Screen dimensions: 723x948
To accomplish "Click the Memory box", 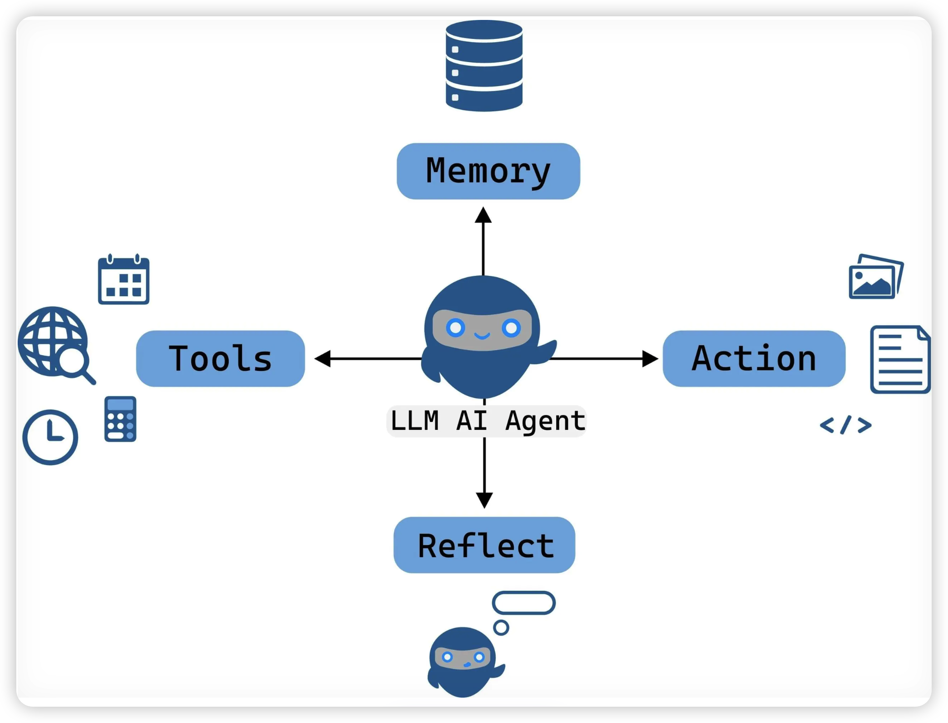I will click(488, 171).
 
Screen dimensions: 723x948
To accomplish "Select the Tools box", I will click(220, 358).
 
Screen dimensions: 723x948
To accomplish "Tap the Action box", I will click(754, 358).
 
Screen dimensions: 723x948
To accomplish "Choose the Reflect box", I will click(484, 545).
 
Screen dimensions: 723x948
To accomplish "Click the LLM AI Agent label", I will click(487, 421).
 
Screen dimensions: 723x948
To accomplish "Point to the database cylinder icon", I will click(484, 66).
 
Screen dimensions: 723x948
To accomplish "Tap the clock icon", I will click(50, 437).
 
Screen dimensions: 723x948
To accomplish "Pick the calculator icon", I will click(120, 419).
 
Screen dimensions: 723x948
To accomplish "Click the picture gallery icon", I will click(875, 277).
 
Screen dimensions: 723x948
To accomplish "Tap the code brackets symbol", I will click(846, 425).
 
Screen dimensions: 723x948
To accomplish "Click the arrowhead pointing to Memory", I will click(483, 216).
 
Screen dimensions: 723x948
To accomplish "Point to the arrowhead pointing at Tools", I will click(322, 358).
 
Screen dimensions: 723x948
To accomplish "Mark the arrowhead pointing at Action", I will click(650, 358).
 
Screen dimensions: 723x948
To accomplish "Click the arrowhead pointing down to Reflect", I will click(484, 500).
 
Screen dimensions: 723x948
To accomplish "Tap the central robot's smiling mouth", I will click(482, 336).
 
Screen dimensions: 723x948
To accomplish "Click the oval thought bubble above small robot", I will click(523, 603).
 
